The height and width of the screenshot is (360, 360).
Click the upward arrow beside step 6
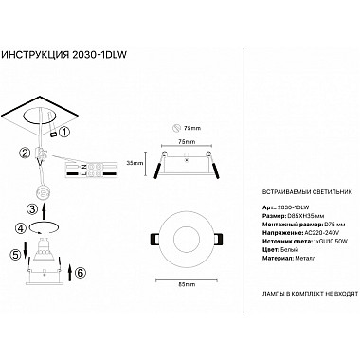pos(69,273)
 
